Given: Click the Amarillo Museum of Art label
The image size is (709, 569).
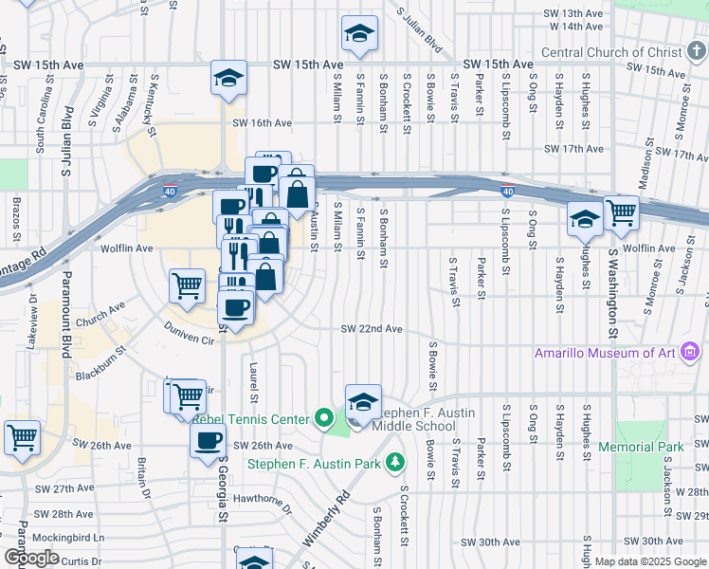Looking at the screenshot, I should [x=605, y=354].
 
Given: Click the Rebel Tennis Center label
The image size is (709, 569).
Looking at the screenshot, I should [x=251, y=418].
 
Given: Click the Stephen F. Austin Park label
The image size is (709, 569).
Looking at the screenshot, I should [x=315, y=464].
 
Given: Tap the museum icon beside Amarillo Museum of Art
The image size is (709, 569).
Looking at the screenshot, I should [x=691, y=354].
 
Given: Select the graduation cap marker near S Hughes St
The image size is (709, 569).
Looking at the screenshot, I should [x=585, y=217].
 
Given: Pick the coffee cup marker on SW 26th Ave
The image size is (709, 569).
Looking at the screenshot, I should [x=209, y=439].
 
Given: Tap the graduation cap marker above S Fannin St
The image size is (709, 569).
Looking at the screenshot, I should [x=359, y=34].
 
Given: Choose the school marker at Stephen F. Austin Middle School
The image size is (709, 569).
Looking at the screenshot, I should [x=362, y=403].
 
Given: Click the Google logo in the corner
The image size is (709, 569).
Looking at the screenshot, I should [x=31, y=558].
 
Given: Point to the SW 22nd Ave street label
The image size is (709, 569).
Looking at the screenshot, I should [x=373, y=329].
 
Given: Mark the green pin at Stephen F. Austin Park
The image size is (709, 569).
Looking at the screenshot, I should [x=394, y=464].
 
